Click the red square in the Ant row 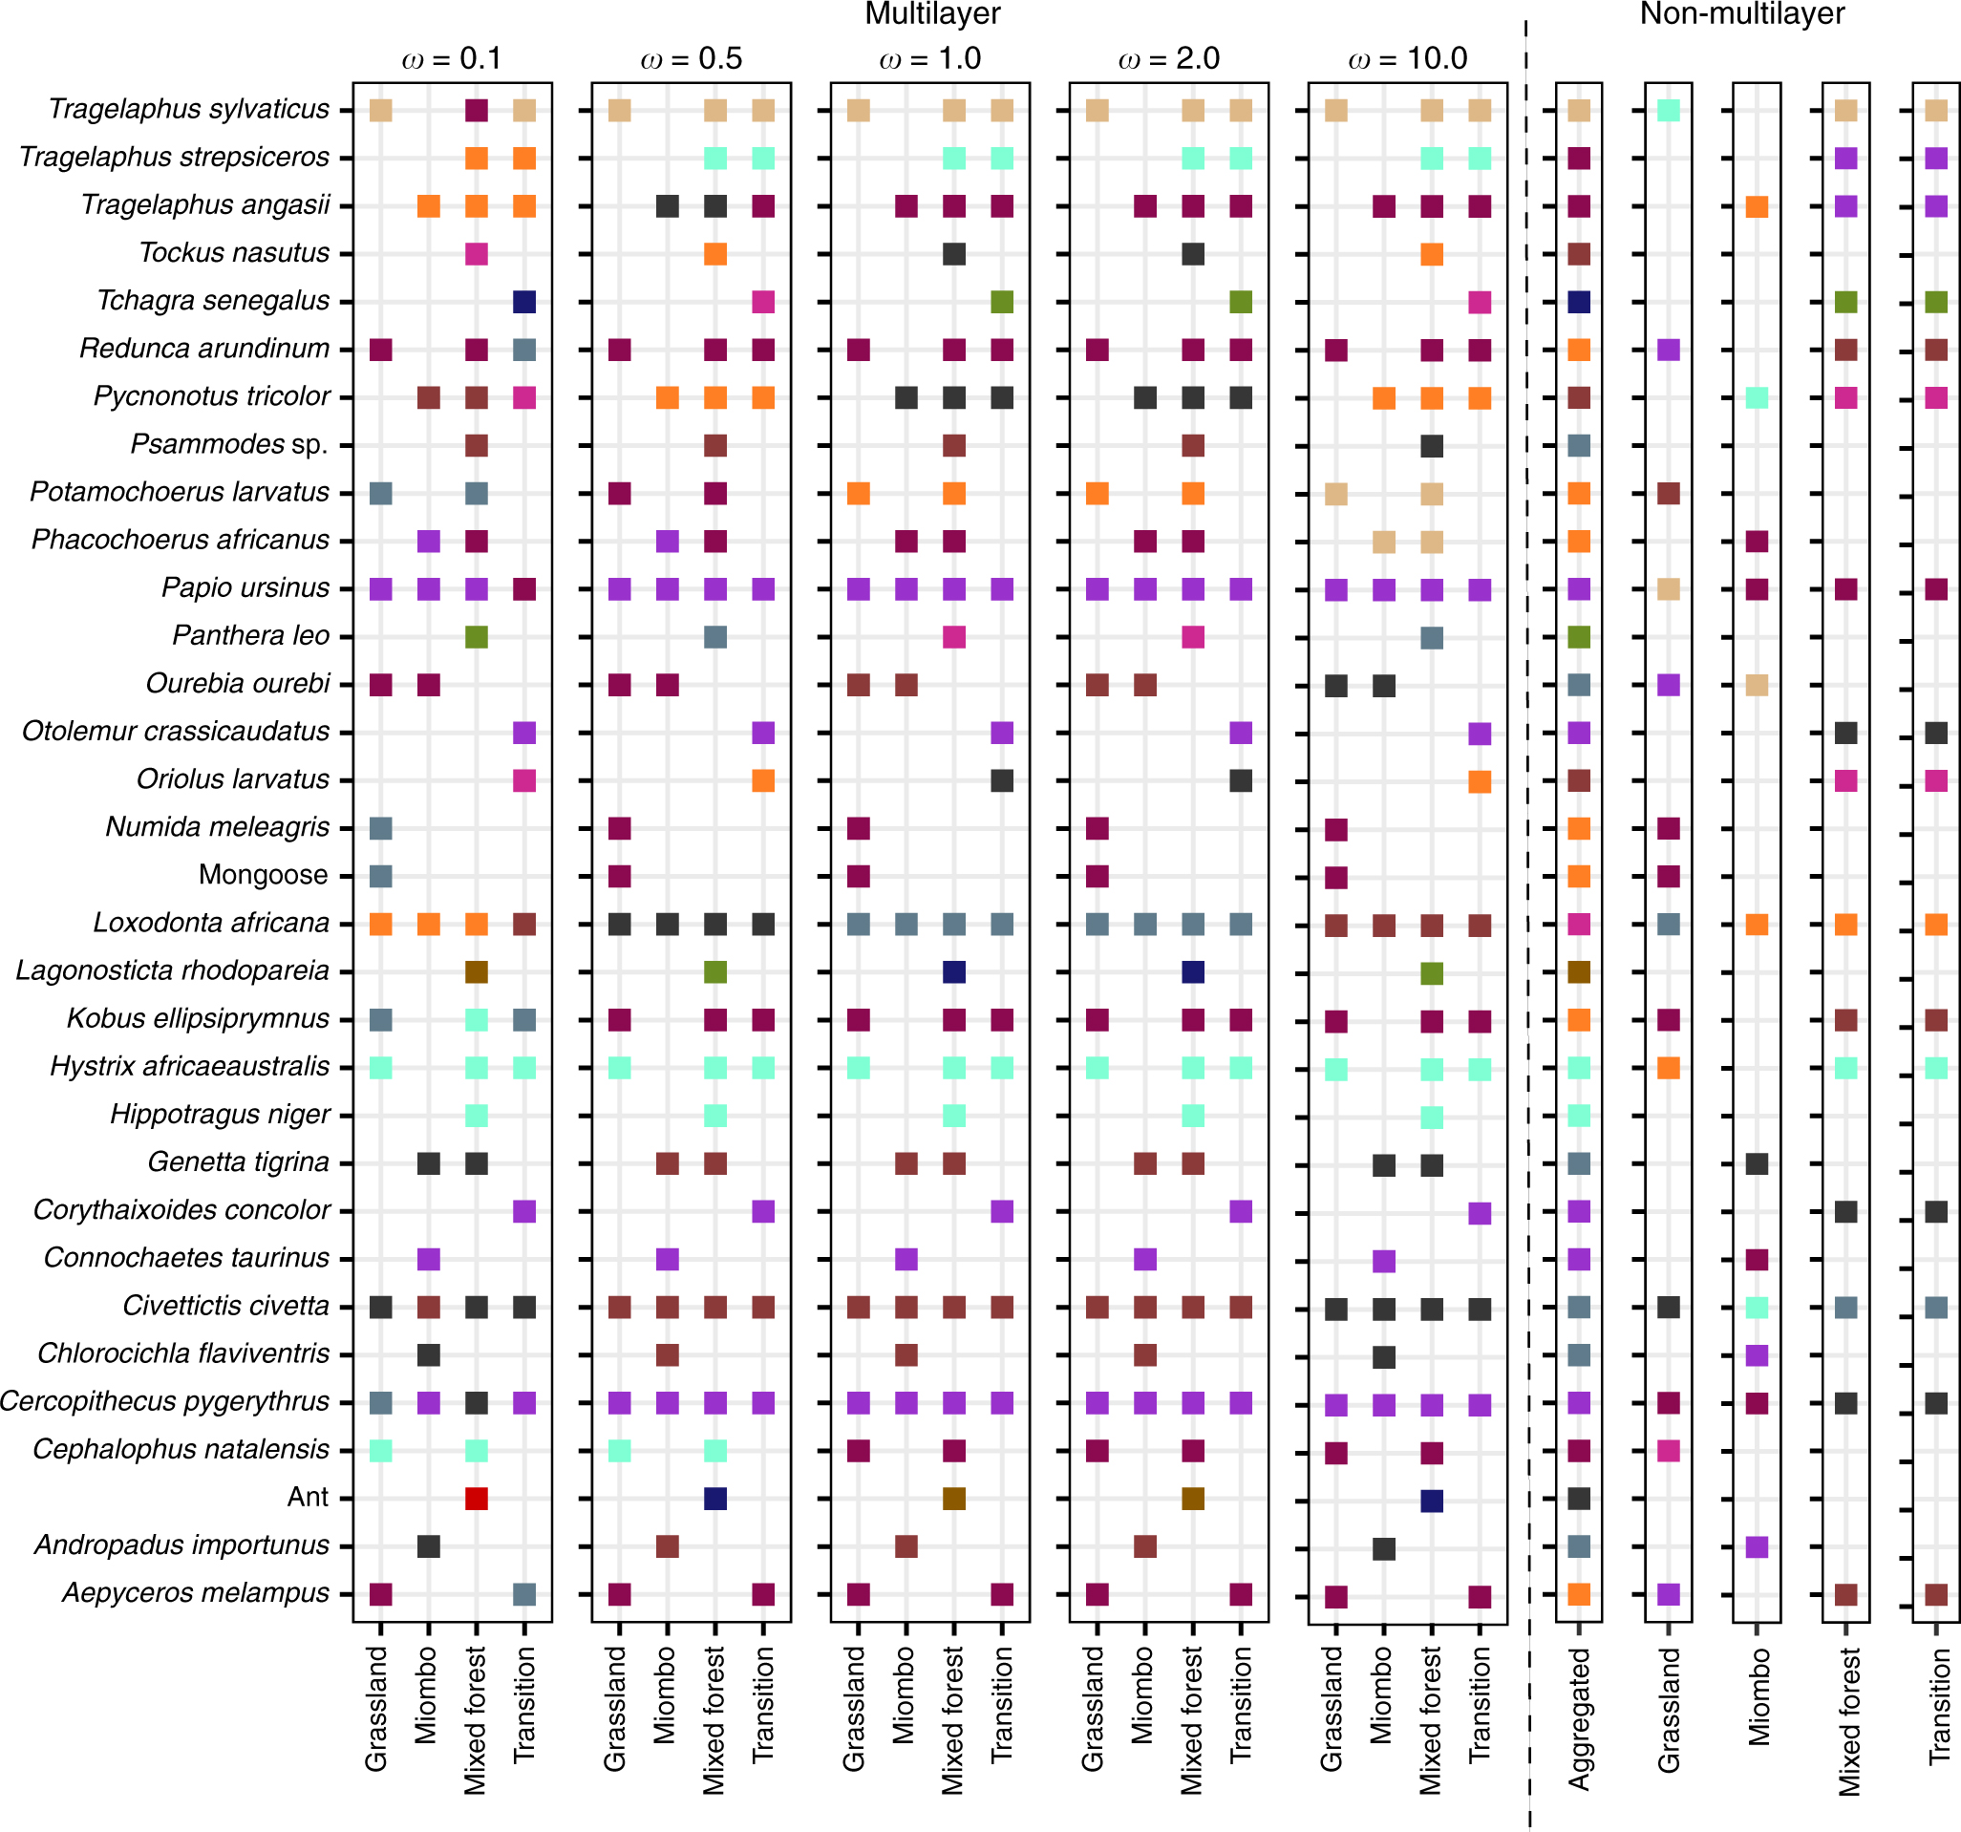477,1498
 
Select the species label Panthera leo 250,635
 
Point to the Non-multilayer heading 1741,13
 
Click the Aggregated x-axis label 1579,1717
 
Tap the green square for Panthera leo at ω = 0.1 477,636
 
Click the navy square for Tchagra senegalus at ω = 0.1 524,302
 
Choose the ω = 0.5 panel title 691,59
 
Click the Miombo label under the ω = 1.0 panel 905,1694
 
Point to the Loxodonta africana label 211,923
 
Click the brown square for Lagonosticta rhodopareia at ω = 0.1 477,971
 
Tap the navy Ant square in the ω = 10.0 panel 1431,1501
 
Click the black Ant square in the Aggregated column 1578,1499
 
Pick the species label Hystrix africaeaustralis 189,1067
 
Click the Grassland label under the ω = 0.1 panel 376,1708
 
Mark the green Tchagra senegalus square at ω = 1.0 1001,302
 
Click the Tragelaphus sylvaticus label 188,110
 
